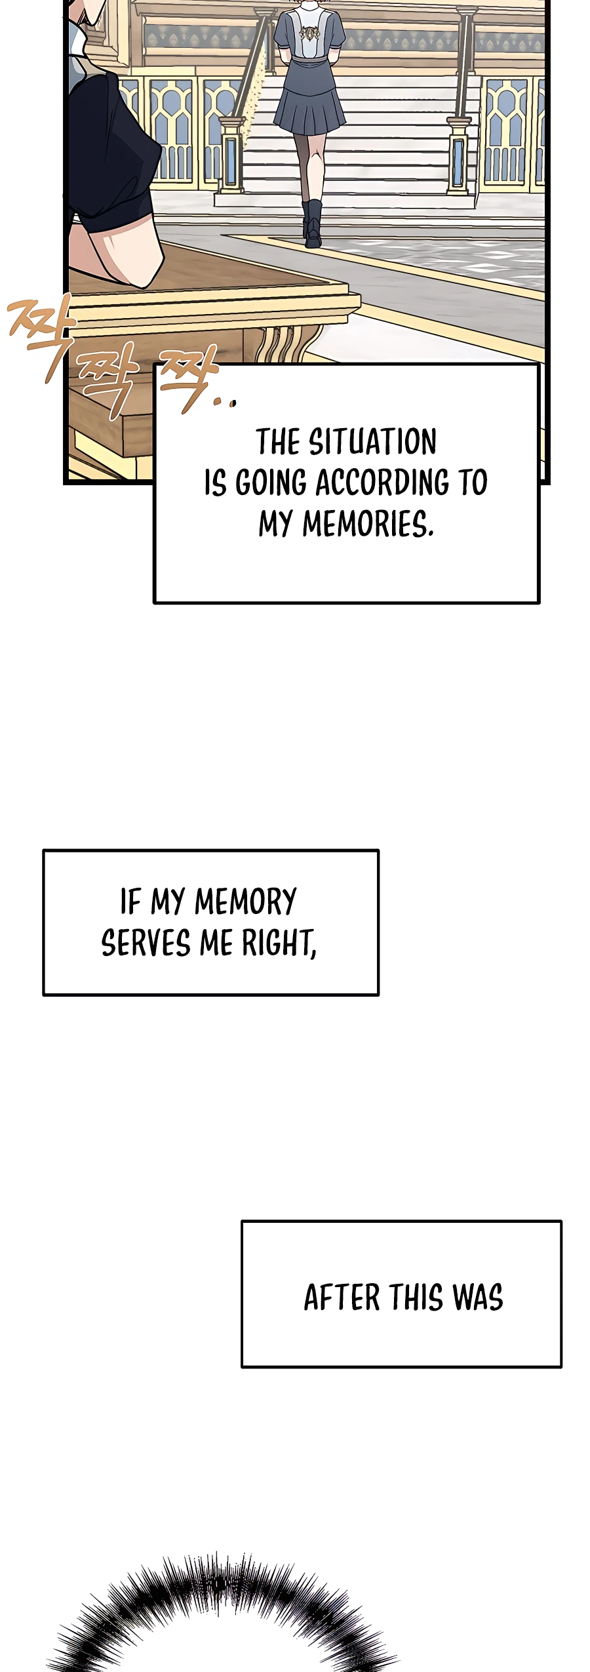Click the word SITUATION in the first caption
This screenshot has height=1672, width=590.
(x=372, y=442)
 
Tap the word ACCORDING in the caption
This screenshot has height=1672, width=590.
(x=382, y=483)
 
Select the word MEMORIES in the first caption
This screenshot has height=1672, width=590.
(x=367, y=525)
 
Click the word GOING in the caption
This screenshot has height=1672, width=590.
(x=271, y=483)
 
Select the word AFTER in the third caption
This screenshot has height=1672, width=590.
(x=342, y=1298)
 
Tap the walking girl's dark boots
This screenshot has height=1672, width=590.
(x=313, y=223)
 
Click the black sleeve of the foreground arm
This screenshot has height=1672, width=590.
(x=111, y=157)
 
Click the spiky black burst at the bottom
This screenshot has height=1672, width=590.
(x=223, y=1620)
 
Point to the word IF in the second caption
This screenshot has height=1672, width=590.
(x=130, y=902)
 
